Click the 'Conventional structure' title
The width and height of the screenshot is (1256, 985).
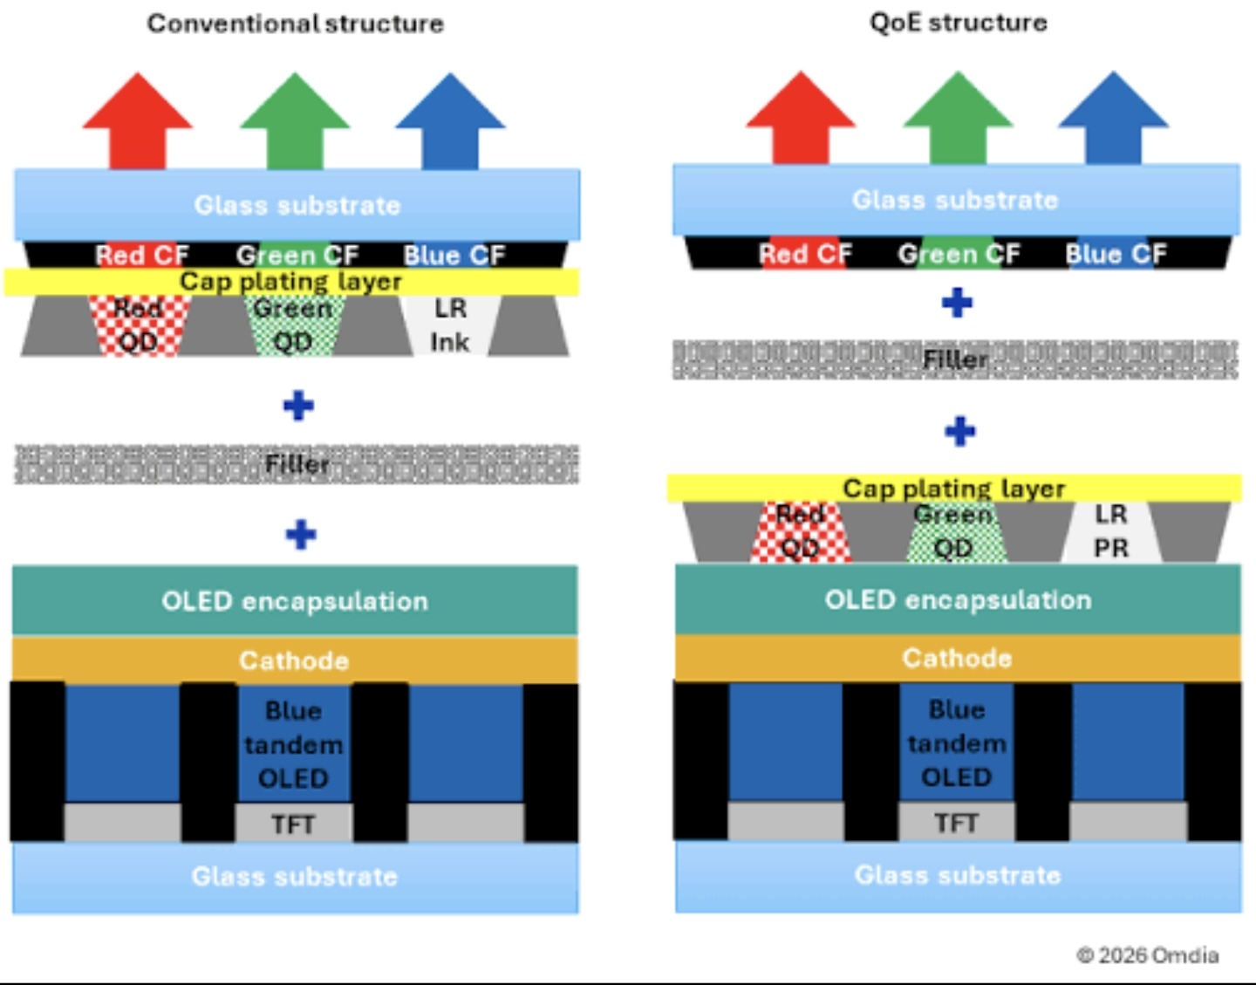(295, 24)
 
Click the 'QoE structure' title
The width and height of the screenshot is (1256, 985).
(958, 23)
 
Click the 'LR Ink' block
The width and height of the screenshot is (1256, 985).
(450, 325)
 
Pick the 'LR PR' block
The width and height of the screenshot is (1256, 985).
(1110, 531)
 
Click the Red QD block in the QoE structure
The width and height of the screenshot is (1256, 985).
(800, 532)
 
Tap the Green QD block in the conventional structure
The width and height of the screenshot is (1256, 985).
(293, 325)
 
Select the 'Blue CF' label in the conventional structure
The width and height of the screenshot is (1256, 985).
(454, 255)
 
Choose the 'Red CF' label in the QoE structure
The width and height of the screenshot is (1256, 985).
(804, 254)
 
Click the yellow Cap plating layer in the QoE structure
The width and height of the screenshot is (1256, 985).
(953, 488)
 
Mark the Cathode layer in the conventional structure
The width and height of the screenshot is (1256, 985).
(294, 660)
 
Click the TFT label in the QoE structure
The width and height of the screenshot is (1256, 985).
(956, 823)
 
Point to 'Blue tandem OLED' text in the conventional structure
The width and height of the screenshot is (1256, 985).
(293, 744)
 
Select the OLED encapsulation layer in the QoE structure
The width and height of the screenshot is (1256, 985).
(958, 599)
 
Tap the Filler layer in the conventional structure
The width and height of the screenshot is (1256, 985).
(297, 464)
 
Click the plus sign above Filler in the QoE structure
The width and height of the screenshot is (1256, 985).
(957, 303)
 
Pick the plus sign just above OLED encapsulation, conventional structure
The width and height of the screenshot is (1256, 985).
(300, 534)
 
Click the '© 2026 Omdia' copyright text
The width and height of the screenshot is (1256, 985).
(1147, 955)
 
